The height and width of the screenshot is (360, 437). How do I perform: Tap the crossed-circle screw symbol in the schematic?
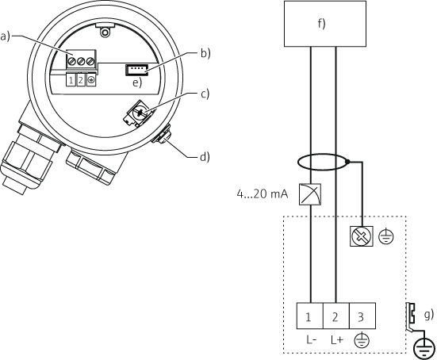tap(362, 236)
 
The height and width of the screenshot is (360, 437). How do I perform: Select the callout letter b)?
tap(205, 54)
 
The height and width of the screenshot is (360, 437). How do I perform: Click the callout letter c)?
tap(205, 95)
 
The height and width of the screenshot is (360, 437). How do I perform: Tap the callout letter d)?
tap(205, 156)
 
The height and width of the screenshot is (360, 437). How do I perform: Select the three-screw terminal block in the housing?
tap(80, 61)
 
